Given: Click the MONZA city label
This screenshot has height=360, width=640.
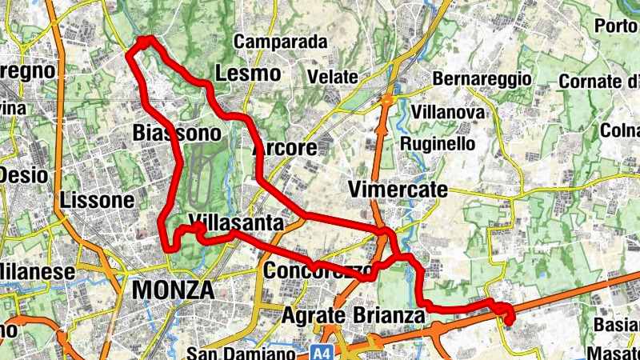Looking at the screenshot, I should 173,290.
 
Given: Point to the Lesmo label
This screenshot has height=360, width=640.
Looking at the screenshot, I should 248,74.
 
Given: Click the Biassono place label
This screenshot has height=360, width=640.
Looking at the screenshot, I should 176,131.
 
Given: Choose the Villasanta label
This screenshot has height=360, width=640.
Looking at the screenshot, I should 237,222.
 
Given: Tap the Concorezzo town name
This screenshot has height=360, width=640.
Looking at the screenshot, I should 317,269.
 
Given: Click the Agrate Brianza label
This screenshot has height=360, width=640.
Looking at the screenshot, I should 353,316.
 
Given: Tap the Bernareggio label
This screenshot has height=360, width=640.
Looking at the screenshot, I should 482,79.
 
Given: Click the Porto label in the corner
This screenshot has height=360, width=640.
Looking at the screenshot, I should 616,25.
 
